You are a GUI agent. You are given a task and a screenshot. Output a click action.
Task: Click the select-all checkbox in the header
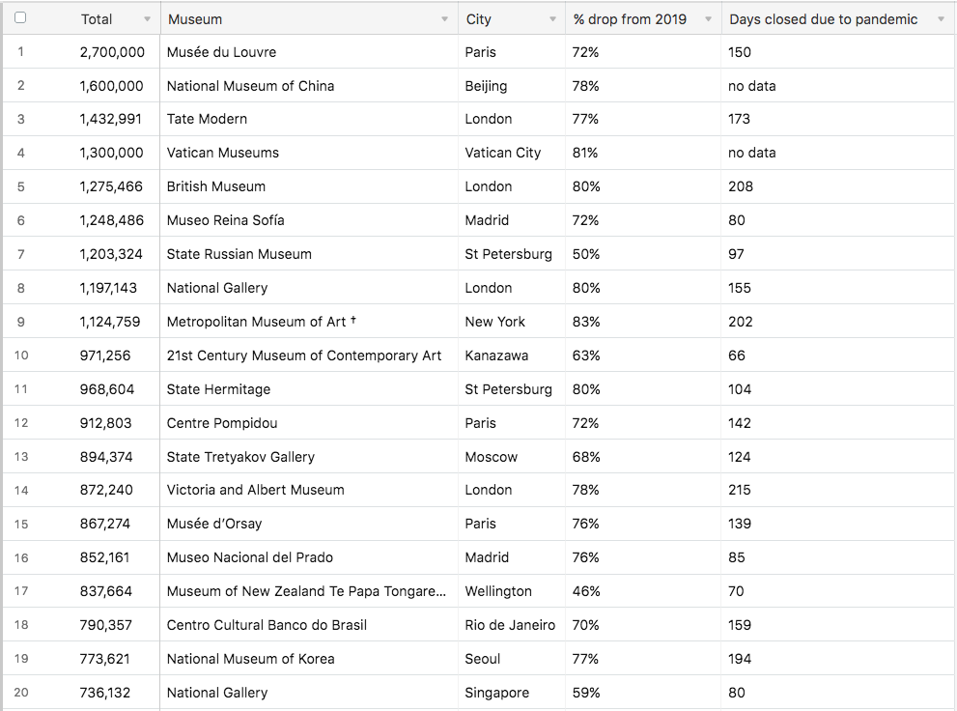pyautogui.click(x=20, y=18)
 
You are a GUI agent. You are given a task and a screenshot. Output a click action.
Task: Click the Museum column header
pyautogui.click(x=195, y=19)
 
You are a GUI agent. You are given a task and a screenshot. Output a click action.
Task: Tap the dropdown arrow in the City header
pyautogui.click(x=552, y=19)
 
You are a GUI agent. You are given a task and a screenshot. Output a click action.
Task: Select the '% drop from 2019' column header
pyautogui.click(x=630, y=19)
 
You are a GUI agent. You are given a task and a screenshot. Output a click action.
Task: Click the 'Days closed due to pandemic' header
pyautogui.click(x=824, y=19)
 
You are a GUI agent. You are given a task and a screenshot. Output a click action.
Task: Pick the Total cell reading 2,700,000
pyautogui.click(x=112, y=52)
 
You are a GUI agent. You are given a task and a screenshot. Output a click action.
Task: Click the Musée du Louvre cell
pyautogui.click(x=221, y=52)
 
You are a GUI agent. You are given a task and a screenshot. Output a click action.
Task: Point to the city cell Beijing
pyautogui.click(x=486, y=86)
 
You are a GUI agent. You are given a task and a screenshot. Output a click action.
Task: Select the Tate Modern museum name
pyautogui.click(x=207, y=119)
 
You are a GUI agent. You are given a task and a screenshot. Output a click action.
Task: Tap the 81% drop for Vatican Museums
pyautogui.click(x=585, y=153)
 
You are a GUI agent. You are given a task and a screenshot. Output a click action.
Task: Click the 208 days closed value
pyautogui.click(x=741, y=186)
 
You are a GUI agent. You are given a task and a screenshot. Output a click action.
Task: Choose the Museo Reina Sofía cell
pyautogui.click(x=225, y=220)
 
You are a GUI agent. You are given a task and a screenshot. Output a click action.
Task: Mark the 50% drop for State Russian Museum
pyautogui.click(x=585, y=254)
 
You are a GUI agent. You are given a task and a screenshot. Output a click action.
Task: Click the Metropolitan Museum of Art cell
pyautogui.click(x=256, y=322)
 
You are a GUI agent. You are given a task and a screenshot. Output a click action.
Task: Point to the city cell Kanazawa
pyautogui.click(x=496, y=355)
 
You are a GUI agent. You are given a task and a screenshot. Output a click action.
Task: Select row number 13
pyautogui.click(x=21, y=457)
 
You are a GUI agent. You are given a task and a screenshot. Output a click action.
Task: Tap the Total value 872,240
pyautogui.click(x=106, y=490)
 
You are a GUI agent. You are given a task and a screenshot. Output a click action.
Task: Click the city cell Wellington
pyautogui.click(x=498, y=591)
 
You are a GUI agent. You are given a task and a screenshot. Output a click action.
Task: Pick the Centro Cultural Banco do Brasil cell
pyautogui.click(x=267, y=625)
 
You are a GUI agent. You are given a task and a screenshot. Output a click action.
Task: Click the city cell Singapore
pyautogui.click(x=496, y=693)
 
